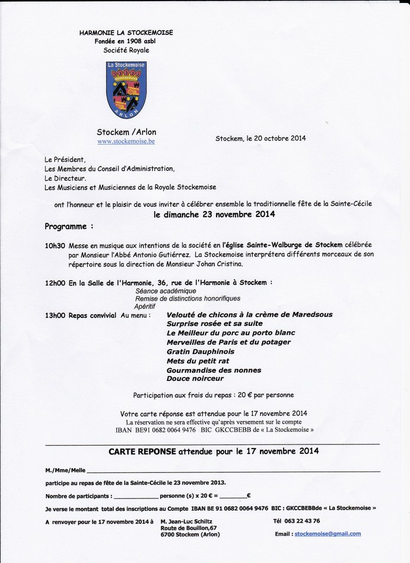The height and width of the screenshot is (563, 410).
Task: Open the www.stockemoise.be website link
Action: (126, 142)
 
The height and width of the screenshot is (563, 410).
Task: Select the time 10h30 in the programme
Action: (55, 245)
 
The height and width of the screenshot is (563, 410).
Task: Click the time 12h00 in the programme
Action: (55, 283)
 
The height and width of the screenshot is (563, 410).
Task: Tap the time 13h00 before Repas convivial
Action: (55, 316)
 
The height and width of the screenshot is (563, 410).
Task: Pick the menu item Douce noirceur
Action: (195, 378)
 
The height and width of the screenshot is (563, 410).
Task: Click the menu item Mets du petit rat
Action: (198, 360)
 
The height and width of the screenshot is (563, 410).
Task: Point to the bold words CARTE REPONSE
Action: (142, 450)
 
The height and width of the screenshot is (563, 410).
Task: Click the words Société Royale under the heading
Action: (126, 51)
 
